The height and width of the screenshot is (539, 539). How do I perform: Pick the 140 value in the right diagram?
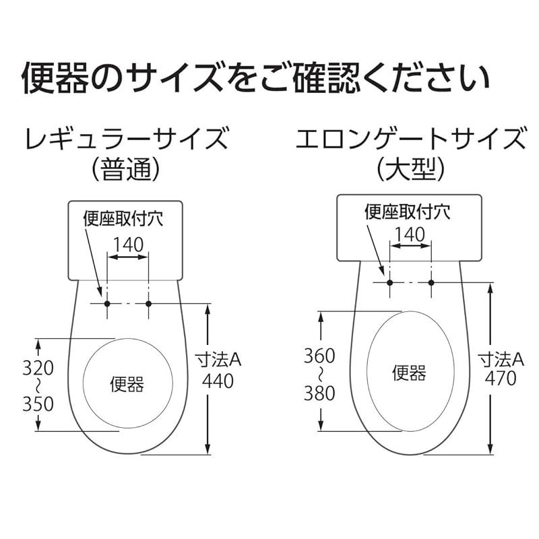410,234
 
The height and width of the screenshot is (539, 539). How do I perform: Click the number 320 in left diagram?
38,368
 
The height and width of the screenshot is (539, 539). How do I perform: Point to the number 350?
38,404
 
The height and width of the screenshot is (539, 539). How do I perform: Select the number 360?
319,356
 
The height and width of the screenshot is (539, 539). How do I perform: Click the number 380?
319,393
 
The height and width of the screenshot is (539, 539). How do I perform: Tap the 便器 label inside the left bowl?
127,385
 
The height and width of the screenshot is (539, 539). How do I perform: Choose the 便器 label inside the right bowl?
409,372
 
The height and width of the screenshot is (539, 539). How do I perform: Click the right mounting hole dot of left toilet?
149,304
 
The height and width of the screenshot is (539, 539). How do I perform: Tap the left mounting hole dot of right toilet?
389,281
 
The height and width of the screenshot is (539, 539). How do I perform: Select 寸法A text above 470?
501,358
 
